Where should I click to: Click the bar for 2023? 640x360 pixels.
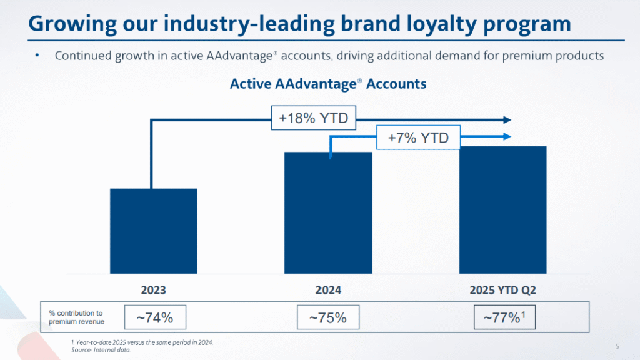[154, 231]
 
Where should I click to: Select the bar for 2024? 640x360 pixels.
[328, 212]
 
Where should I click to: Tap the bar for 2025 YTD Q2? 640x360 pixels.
[503, 209]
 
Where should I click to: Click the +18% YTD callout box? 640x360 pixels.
[313, 117]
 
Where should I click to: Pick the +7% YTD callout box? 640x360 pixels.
[418, 137]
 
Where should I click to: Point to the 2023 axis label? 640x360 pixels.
[154, 290]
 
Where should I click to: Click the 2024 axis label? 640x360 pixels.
[328, 290]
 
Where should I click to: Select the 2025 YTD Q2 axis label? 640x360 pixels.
[503, 290]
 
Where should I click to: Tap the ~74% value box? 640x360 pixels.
[155, 318]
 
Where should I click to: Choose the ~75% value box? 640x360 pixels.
[328, 318]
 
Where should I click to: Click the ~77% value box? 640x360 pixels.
[505, 318]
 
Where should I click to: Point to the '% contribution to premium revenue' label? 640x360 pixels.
[76, 317]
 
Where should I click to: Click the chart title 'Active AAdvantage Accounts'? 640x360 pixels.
[328, 84]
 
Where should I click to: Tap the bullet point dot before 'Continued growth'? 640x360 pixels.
[37, 56]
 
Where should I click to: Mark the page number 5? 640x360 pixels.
[617, 346]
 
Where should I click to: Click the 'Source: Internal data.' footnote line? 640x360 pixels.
[101, 350]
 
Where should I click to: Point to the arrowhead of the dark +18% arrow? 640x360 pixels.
[507, 120]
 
